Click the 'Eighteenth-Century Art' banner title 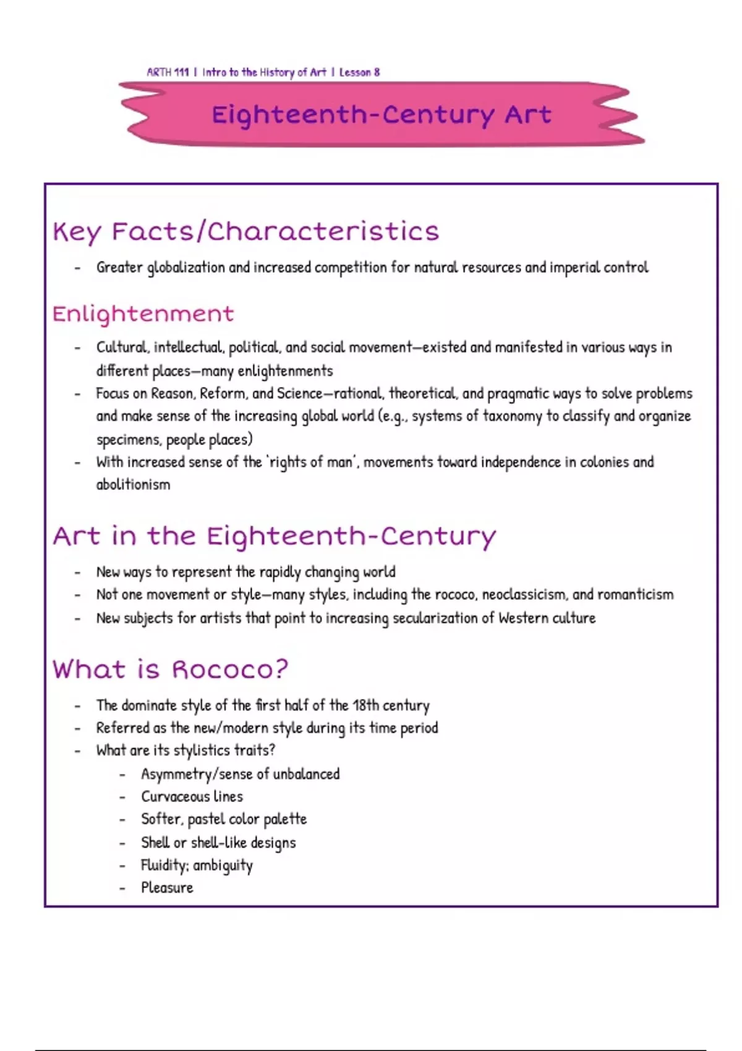381,115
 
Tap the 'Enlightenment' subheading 143,314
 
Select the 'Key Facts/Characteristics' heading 245,232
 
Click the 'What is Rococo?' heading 170,670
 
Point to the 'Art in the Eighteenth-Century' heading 274,536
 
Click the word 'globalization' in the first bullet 186,268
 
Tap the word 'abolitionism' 133,485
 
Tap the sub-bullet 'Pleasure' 167,888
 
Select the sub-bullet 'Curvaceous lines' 192,796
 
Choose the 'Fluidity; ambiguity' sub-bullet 197,866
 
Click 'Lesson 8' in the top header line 359,72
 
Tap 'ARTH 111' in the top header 168,72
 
